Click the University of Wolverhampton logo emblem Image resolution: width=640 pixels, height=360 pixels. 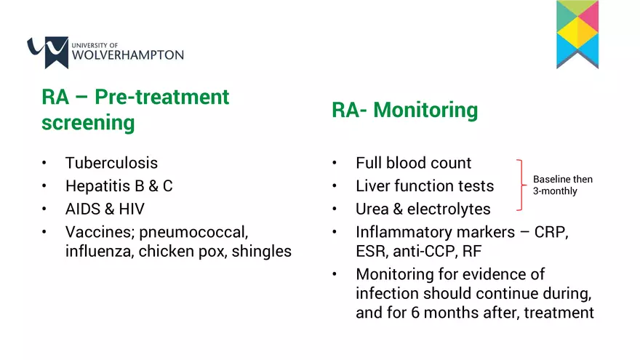point(48,52)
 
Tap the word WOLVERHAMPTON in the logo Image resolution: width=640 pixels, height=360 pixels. point(128,55)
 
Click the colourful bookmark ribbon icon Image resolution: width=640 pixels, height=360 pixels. point(577,34)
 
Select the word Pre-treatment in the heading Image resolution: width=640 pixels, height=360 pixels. point(161,97)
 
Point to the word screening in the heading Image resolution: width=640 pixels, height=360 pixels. point(88,123)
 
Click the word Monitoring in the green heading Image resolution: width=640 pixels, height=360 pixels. point(425,111)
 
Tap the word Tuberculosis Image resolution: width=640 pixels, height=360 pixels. point(111,163)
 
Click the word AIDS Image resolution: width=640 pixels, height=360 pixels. point(83,209)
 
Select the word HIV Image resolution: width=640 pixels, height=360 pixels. point(132,209)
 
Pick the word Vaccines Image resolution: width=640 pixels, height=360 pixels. point(100,232)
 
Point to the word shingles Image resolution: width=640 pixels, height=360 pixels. point(262,252)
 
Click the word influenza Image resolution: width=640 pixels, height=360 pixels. point(100,252)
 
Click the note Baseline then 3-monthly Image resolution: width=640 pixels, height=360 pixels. point(562,185)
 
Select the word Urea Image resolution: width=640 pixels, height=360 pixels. point(372,209)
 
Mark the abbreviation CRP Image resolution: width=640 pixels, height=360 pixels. point(551,232)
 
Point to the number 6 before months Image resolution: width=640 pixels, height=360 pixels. point(415,313)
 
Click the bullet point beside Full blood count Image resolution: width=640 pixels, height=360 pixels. point(335,163)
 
